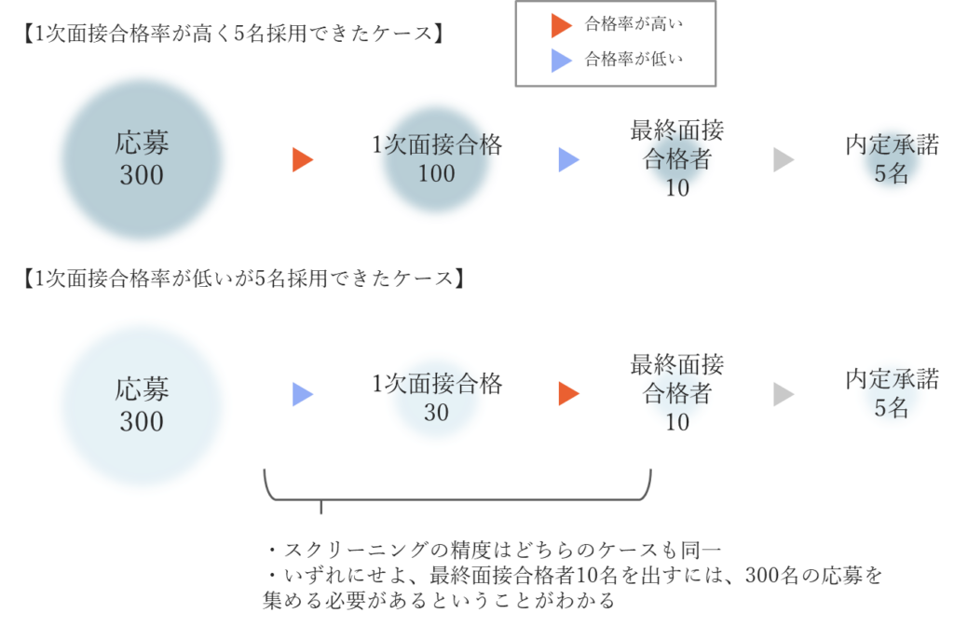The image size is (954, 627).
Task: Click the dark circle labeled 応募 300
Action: click(142, 159)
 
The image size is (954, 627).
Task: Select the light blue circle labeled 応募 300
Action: click(142, 405)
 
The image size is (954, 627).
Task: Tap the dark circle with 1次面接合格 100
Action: click(436, 159)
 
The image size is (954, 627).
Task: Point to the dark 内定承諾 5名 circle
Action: click(892, 159)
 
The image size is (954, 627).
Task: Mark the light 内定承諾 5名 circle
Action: click(892, 394)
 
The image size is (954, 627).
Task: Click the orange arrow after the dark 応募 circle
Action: click(302, 160)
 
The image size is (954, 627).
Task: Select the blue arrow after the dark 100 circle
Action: click(568, 160)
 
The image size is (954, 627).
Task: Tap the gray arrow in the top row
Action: click(784, 160)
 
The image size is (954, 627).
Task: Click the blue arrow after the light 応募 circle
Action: click(302, 394)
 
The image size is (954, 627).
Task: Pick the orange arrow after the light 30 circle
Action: click(568, 394)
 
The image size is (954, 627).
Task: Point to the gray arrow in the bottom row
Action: click(784, 394)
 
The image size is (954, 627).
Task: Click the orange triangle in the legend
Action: click(561, 25)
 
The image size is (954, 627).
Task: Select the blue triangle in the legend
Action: click(561, 61)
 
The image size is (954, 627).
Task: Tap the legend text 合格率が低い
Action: click(634, 61)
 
